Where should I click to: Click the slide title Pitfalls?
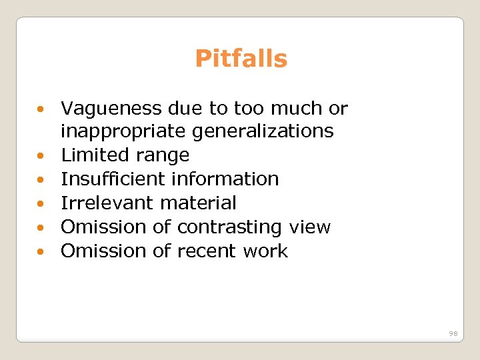(241, 59)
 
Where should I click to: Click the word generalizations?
(263, 131)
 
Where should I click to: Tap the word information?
(225, 179)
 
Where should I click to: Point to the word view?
(309, 227)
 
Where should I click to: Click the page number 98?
(453, 333)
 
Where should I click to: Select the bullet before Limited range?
(41, 156)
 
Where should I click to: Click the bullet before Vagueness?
(41, 109)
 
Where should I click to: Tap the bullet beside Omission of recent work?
(41, 252)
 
